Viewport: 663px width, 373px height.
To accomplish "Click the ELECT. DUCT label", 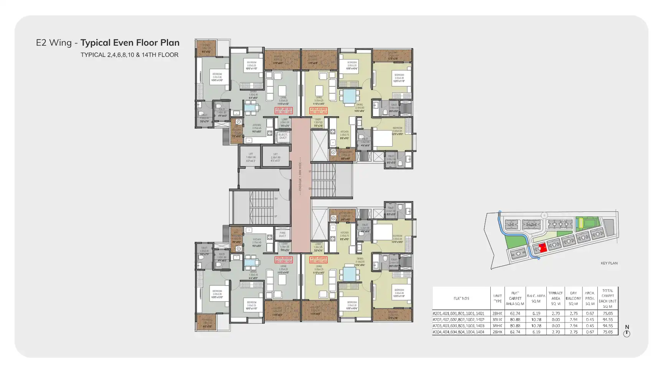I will [283, 136].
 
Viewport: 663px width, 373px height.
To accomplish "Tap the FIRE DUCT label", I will [283, 234].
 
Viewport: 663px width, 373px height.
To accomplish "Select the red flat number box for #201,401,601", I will [284, 111].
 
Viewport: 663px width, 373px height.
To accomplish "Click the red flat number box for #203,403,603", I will [318, 260].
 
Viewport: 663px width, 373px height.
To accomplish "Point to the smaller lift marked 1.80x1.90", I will [251, 157].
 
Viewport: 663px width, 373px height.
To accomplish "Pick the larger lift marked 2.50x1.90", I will [275, 157].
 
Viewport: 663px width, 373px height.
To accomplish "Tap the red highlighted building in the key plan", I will [542, 248].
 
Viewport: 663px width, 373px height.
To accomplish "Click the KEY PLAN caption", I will [609, 263].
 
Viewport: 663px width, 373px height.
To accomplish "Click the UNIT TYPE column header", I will [497, 298].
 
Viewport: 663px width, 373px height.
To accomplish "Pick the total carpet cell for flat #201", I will [607, 314].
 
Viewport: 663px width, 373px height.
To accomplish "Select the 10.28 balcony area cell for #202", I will [536, 320].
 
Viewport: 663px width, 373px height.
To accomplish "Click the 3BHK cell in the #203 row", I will [497, 326].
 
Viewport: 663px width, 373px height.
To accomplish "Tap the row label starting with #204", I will [458, 332].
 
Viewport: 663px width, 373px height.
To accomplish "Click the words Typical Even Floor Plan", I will [130, 43].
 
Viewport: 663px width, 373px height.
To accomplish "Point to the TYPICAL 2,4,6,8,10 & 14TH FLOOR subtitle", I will [129, 55].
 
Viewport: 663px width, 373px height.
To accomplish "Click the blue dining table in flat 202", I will [349, 96].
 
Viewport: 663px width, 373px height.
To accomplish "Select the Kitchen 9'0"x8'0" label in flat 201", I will [257, 129].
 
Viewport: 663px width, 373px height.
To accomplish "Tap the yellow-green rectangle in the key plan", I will [581, 222].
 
